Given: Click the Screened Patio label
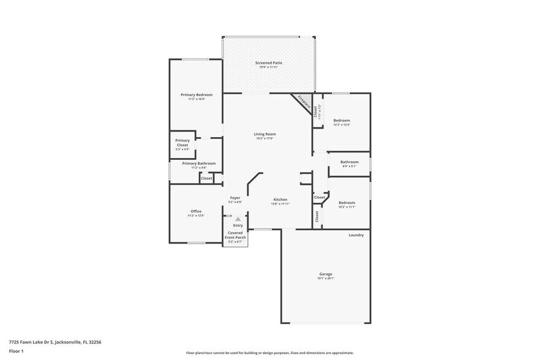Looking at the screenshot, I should [x=268, y=63].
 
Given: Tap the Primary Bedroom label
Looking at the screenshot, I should [x=197, y=95].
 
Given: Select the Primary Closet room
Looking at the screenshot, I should [x=182, y=144].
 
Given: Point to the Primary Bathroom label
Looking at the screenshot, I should [x=198, y=163].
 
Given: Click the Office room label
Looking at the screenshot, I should [x=196, y=211].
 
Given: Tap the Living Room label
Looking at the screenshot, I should [x=265, y=134].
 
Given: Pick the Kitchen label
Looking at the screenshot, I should [x=280, y=200].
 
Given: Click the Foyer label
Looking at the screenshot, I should [x=235, y=198].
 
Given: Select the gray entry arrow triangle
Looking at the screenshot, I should [x=238, y=219].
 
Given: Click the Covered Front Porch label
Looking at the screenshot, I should [x=236, y=235].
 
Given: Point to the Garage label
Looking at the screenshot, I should [x=325, y=274].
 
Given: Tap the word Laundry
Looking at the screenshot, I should [x=356, y=235].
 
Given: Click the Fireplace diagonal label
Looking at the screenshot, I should [x=304, y=102].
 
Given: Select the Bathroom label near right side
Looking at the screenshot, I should [x=350, y=162].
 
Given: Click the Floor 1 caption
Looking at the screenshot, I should [x=16, y=351].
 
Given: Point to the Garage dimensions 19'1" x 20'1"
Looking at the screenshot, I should [x=325, y=279].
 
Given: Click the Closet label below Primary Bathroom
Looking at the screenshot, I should [x=206, y=178].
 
